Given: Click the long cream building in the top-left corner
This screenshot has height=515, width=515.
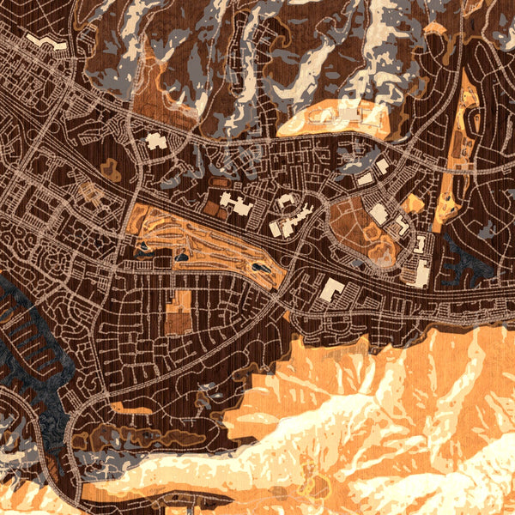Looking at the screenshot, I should (x=42, y=41).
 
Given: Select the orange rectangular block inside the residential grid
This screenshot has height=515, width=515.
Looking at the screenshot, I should (x=178, y=315).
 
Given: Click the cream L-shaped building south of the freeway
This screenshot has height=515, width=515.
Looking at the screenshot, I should (x=333, y=290).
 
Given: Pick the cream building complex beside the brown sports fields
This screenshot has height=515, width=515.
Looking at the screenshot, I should (x=233, y=203).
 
